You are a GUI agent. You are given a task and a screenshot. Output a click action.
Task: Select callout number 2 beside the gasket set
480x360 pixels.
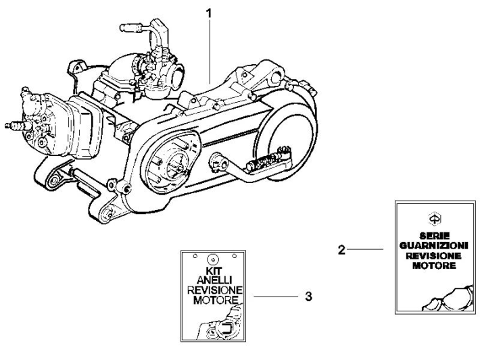point(342,250)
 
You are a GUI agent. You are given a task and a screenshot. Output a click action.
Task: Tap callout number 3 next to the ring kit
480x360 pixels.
point(308,296)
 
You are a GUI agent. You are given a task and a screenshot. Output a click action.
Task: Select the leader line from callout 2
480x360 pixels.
point(367,250)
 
